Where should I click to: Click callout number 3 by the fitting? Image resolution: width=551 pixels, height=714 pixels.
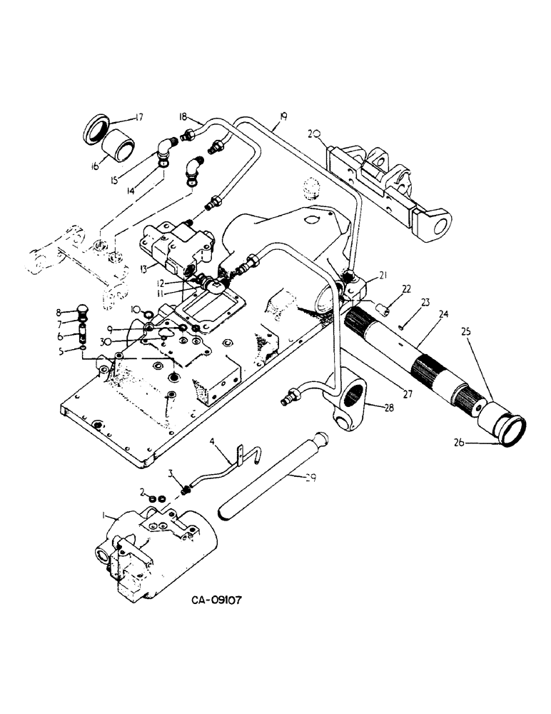171,473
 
